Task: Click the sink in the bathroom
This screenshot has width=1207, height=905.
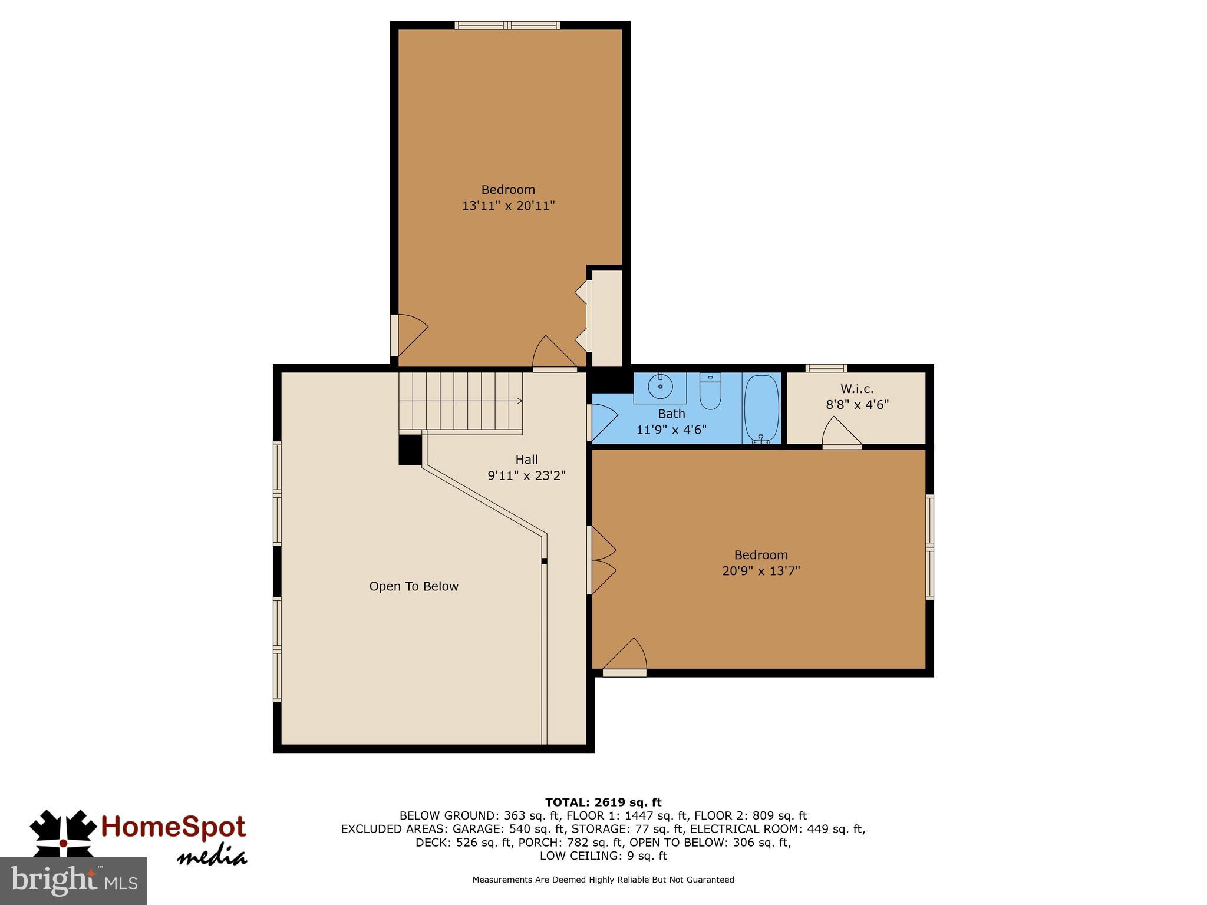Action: tap(660, 387)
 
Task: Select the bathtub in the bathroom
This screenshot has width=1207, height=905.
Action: tap(761, 408)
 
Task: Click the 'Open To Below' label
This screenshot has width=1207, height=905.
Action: tap(414, 586)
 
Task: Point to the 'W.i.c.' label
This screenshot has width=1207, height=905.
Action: tap(857, 389)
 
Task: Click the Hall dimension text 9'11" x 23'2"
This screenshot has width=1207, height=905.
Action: tap(526, 475)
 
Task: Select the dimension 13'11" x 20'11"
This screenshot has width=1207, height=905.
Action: tap(508, 206)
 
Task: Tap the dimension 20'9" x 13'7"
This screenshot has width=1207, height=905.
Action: tap(761, 571)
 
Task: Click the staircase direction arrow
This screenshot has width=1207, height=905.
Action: tap(519, 401)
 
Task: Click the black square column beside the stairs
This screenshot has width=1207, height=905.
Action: tap(410, 450)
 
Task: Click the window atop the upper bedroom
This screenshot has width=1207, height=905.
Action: tap(507, 25)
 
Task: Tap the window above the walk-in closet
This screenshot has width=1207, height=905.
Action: tap(826, 368)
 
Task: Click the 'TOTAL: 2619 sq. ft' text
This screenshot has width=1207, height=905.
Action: tap(603, 802)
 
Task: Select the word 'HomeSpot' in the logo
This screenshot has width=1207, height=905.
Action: tap(173, 827)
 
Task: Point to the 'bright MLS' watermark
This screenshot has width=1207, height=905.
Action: tap(74, 880)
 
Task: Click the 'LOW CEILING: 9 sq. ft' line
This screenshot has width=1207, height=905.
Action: tap(603, 856)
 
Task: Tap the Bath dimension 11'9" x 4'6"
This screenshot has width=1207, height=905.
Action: tap(671, 430)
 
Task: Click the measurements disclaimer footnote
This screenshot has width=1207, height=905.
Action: tap(603, 880)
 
